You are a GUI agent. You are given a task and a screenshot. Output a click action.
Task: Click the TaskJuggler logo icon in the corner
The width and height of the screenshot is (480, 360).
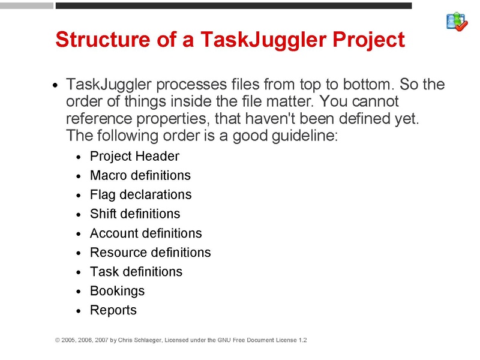pos(457,21)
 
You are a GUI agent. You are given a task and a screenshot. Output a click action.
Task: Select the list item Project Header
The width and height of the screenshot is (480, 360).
pos(134,157)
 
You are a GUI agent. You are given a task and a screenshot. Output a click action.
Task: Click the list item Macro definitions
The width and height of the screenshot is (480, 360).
pos(140,176)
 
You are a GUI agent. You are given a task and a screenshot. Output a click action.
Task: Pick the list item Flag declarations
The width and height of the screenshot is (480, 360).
pos(140,195)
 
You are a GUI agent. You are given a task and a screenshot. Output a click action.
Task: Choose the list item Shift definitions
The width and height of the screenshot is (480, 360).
pos(134,214)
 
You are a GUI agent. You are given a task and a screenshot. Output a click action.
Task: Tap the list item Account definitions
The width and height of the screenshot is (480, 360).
pos(146,233)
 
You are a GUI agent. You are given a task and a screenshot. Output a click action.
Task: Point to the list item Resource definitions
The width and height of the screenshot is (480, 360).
pos(150,253)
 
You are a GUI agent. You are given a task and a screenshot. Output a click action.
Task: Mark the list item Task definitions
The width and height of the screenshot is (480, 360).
pos(136,272)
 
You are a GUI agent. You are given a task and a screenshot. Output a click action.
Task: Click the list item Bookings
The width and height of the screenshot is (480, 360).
pos(117,291)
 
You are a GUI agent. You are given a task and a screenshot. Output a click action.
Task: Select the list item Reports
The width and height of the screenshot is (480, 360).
pos(113,310)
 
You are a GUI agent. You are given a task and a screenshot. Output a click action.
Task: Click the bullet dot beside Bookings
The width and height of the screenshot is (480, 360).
pos(79,292)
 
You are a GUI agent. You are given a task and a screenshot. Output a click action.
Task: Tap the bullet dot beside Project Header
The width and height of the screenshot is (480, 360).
pos(79,158)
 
